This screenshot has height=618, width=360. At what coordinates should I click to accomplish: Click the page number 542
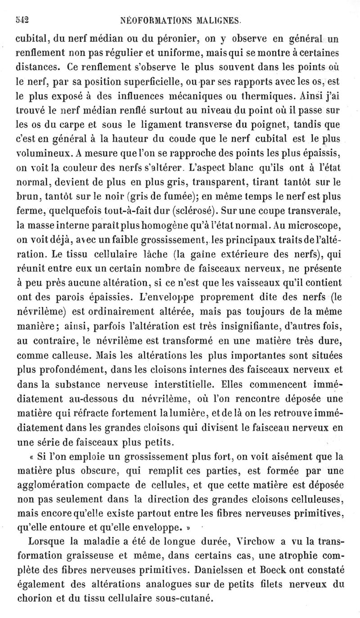(22, 19)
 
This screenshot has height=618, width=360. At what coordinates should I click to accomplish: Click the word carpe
(72, 125)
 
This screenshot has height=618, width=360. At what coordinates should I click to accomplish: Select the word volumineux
(41, 155)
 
